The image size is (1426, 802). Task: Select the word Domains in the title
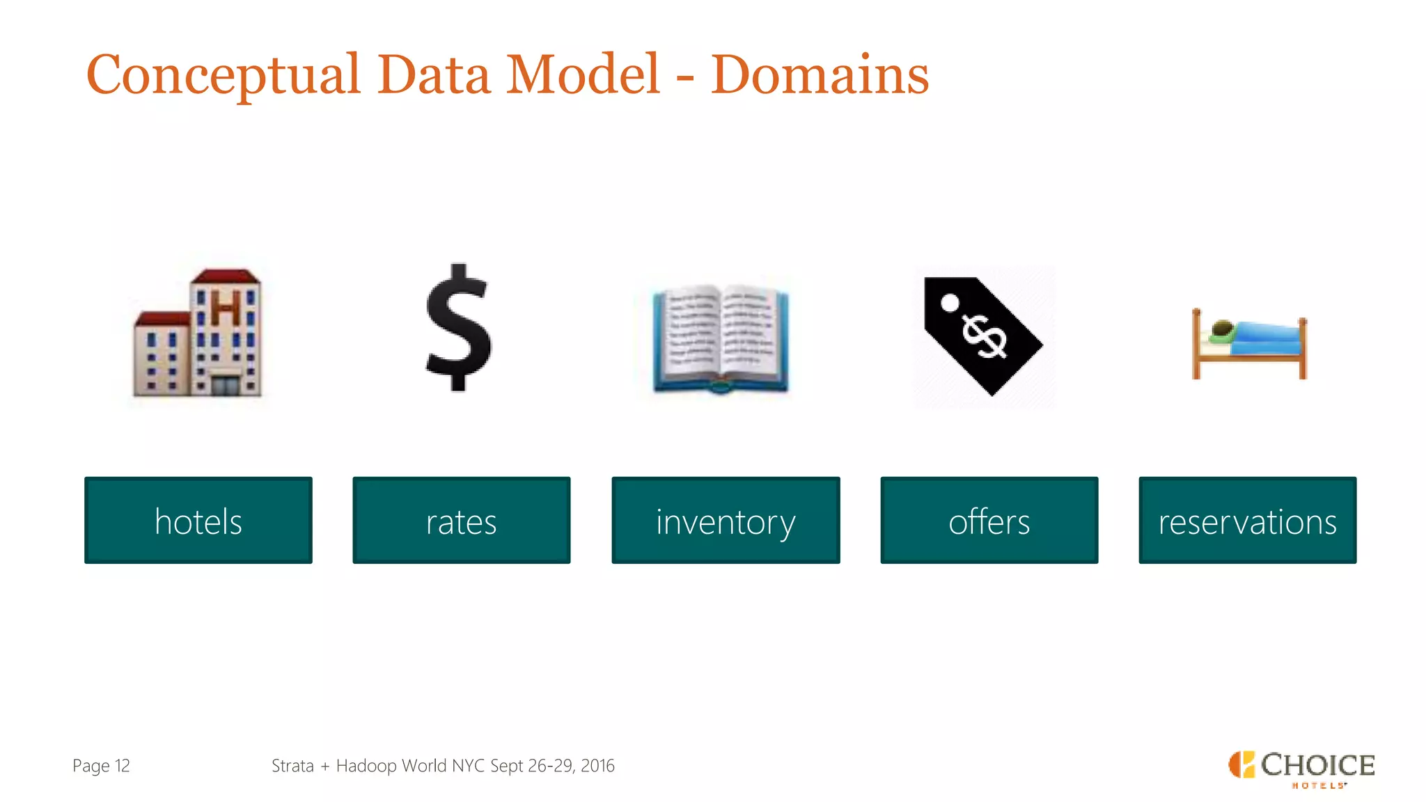pyautogui.click(x=820, y=75)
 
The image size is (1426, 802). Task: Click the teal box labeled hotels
pyautogui.click(x=198, y=520)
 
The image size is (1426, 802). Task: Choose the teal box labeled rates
pyautogui.click(x=461, y=520)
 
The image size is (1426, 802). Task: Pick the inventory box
pyautogui.click(x=726, y=520)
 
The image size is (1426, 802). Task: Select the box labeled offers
pyautogui.click(x=989, y=520)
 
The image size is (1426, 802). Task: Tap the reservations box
pyautogui.click(x=1247, y=520)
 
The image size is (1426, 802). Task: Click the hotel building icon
pyautogui.click(x=198, y=333)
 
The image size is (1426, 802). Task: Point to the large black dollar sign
pyautogui.click(x=459, y=327)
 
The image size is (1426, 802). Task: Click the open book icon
pyautogui.click(x=721, y=338)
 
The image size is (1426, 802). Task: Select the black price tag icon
pyautogui.click(x=983, y=335)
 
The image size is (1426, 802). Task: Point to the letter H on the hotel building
pyautogui.click(x=226, y=308)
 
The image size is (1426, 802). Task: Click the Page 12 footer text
pyautogui.click(x=101, y=766)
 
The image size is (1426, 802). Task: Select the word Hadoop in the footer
pyautogui.click(x=366, y=766)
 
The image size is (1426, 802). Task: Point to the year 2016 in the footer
pyautogui.click(x=597, y=766)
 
